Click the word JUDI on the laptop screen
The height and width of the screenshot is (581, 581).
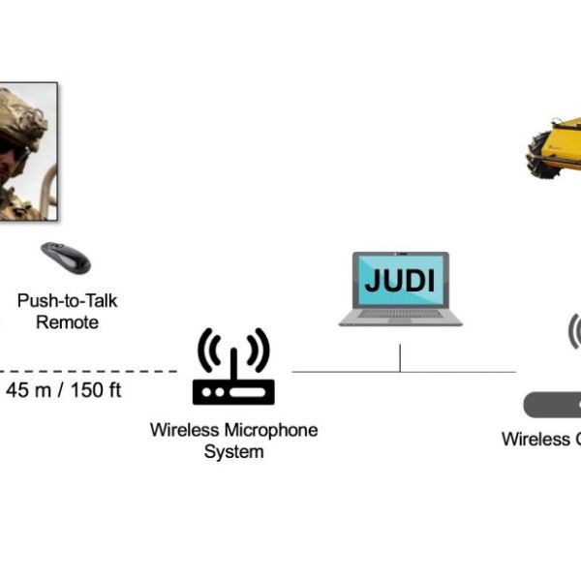click(x=400, y=282)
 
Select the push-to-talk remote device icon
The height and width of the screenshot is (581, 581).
click(x=66, y=258)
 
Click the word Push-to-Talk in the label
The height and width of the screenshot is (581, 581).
click(x=67, y=301)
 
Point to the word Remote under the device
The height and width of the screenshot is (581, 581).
click(x=67, y=321)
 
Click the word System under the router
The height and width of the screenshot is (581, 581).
click(x=233, y=451)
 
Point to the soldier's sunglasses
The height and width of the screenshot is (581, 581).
click(x=12, y=151)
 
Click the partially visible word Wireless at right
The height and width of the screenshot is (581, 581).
click(x=535, y=439)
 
